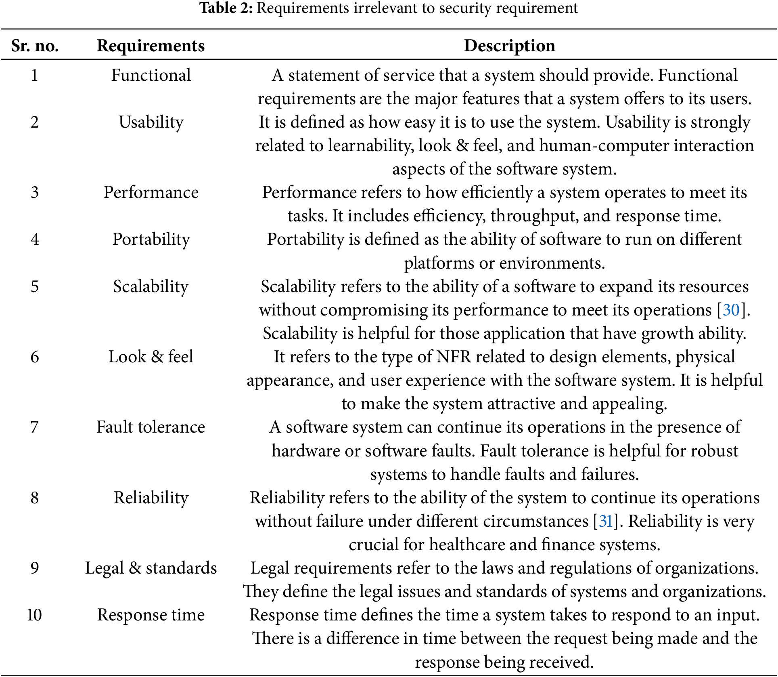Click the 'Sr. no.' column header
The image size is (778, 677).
(35, 46)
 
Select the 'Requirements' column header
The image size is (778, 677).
(151, 46)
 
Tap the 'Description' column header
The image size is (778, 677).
(509, 46)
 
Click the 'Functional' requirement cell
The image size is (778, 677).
(151, 75)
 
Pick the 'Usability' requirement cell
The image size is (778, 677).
(151, 122)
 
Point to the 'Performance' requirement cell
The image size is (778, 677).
(151, 192)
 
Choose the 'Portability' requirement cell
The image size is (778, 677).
(151, 240)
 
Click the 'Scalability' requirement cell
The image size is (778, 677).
(151, 286)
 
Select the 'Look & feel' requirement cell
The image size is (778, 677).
(151, 357)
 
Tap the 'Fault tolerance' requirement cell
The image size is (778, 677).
(151, 427)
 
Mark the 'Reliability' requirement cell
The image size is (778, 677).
(151, 498)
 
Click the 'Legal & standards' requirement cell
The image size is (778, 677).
(151, 568)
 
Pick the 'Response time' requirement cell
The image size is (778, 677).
(151, 615)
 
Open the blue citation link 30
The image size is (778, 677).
(731, 310)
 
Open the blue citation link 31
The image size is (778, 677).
(606, 521)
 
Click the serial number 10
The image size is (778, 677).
(35, 615)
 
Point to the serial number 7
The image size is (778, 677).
(35, 427)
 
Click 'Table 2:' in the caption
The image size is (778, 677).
(226, 8)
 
